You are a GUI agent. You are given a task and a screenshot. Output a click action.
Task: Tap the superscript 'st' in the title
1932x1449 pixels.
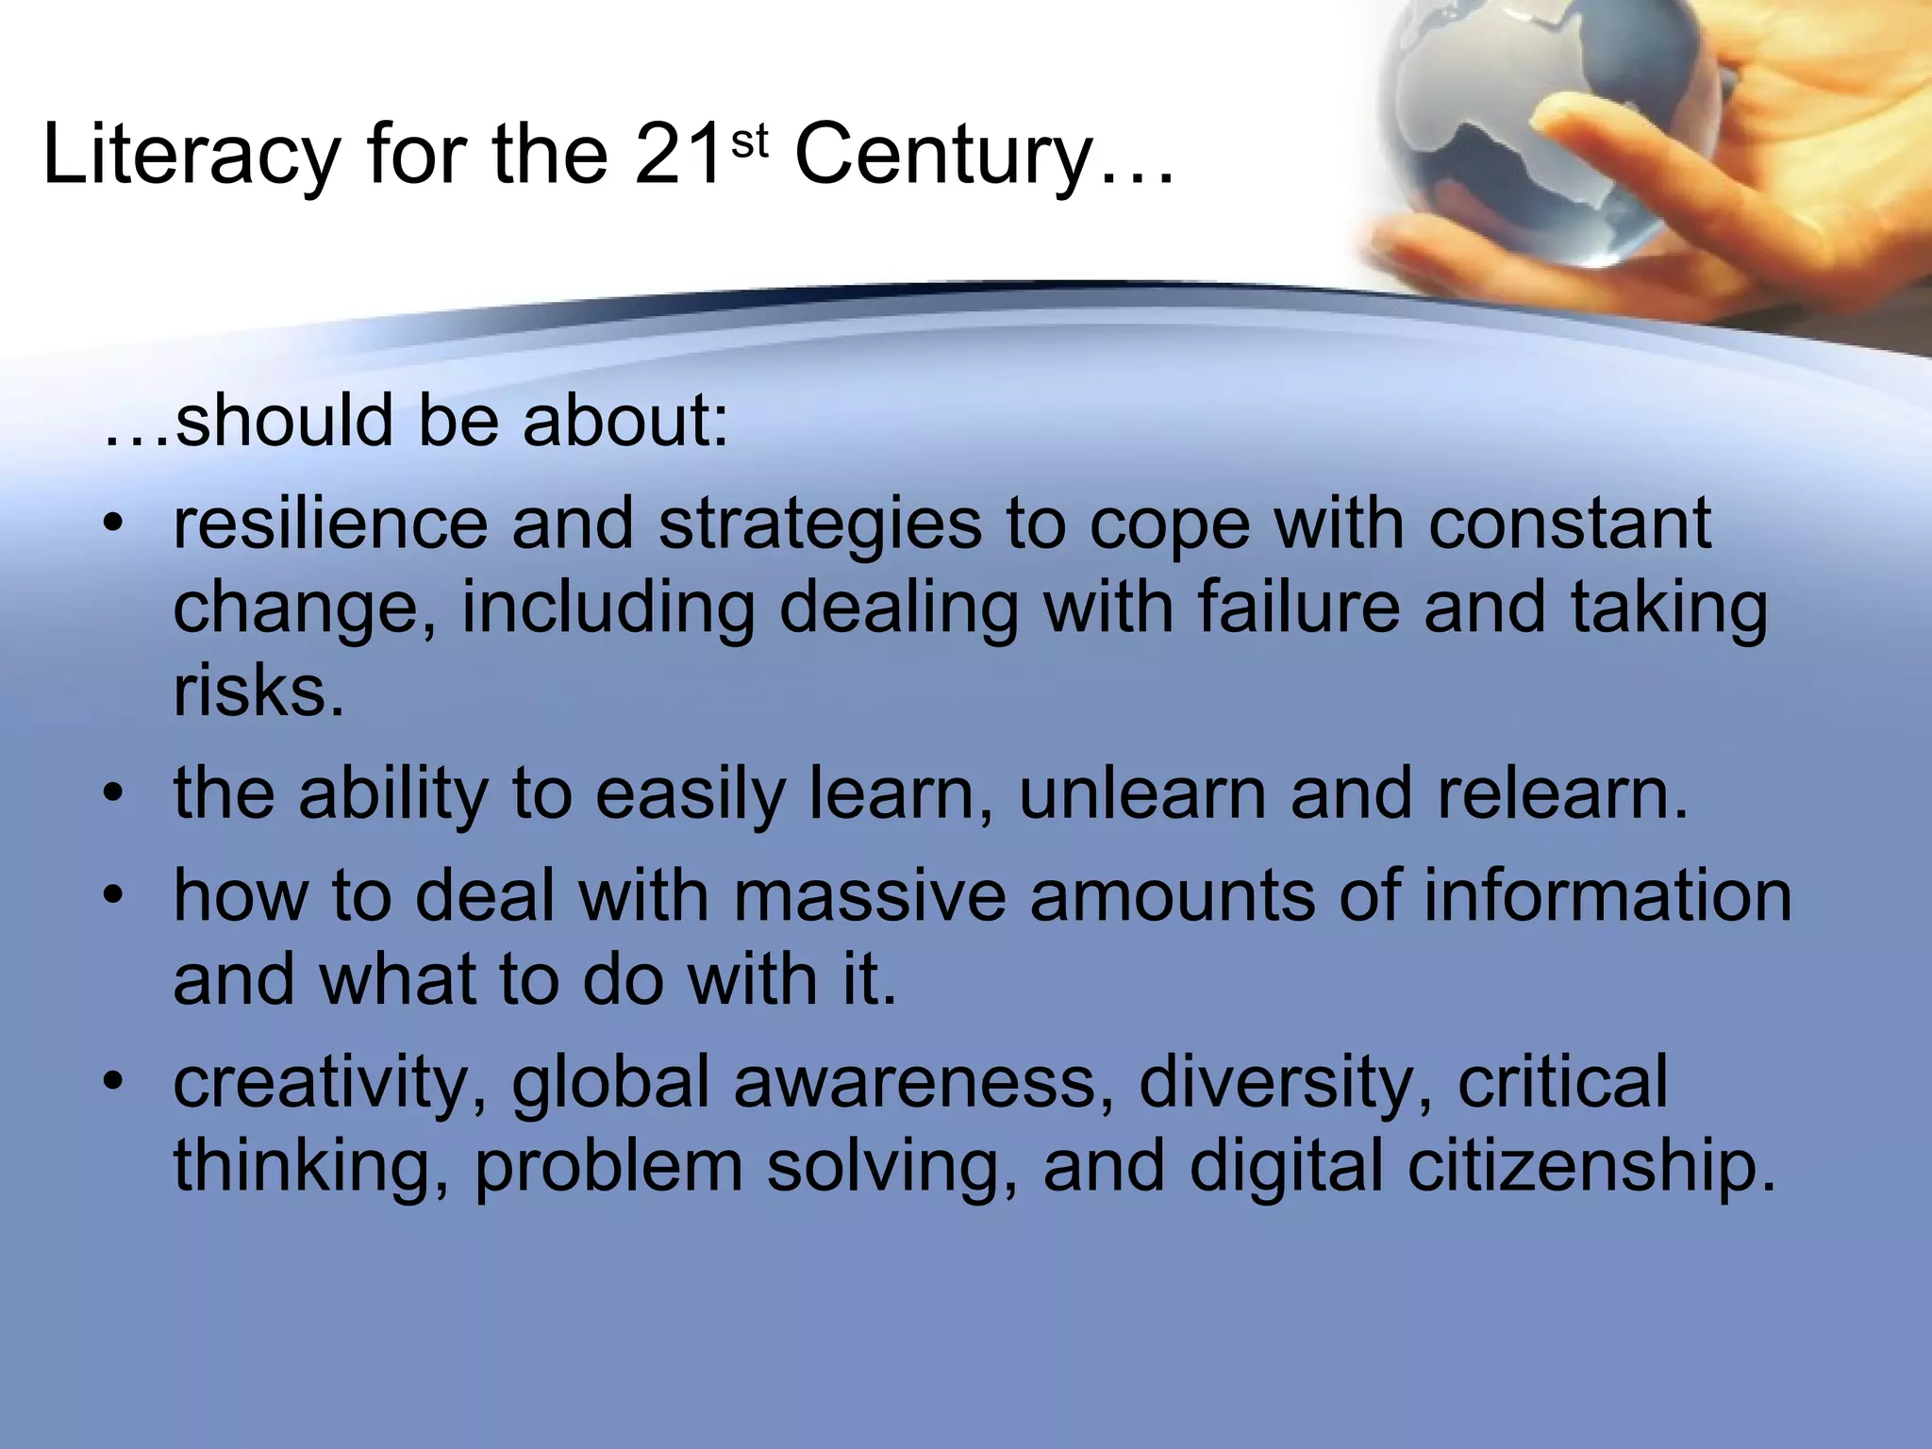[750, 142]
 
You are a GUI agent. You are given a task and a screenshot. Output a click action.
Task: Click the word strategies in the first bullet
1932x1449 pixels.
[820, 526]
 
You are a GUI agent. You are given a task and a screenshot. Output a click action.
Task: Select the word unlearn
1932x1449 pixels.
[1142, 793]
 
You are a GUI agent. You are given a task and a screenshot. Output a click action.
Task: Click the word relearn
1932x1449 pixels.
[1562, 793]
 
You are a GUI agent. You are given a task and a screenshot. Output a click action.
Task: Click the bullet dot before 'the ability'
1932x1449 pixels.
[114, 794]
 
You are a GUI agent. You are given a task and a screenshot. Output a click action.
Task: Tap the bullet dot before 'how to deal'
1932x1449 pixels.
[114, 897]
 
